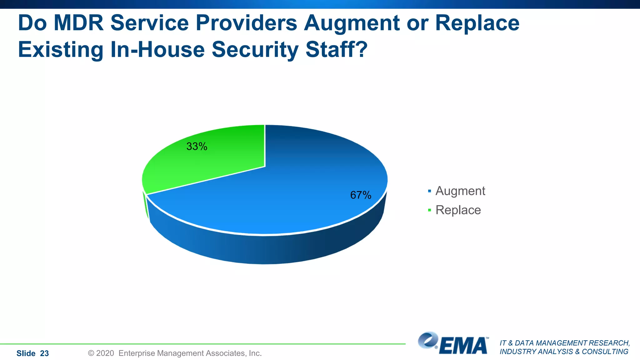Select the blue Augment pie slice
click(281, 200)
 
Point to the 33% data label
click(197, 146)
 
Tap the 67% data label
click(361, 195)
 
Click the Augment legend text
click(460, 191)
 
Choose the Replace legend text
click(458, 210)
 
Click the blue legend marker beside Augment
click(430, 191)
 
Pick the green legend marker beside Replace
click(430, 210)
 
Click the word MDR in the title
click(78, 23)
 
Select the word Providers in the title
click(246, 23)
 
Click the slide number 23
click(44, 353)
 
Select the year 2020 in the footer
click(105, 353)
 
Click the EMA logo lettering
click(464, 346)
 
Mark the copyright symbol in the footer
click(91, 353)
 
